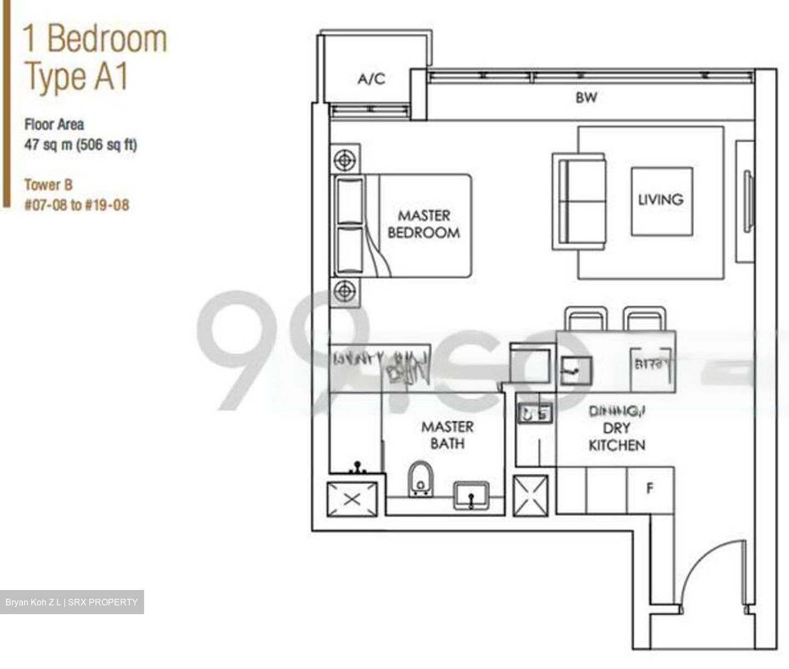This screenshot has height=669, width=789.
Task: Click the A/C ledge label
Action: point(371,80)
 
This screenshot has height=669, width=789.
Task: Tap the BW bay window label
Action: point(586,98)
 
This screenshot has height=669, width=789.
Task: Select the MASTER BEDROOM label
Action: point(424,224)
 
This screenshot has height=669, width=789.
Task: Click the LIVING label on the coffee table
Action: point(661,200)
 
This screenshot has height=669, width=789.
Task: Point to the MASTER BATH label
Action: point(447,435)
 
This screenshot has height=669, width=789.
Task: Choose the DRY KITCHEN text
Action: point(616,437)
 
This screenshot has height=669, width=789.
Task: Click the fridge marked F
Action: point(650,489)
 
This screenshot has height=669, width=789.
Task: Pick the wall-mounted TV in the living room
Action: point(748,201)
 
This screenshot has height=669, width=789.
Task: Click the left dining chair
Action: point(586,319)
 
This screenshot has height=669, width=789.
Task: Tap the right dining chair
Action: point(645,319)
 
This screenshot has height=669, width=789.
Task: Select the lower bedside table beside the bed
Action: point(345,291)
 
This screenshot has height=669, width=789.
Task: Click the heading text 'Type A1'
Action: point(77,76)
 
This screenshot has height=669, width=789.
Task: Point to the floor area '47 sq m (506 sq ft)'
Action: point(81,145)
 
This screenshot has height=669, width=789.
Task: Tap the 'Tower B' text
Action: point(48,185)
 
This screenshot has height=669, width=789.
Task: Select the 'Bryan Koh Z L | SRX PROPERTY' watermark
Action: point(72,602)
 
